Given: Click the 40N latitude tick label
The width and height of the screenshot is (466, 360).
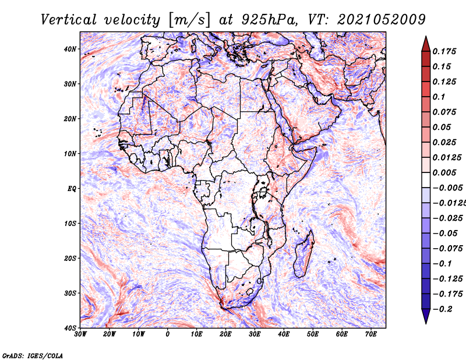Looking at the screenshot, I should [70, 49].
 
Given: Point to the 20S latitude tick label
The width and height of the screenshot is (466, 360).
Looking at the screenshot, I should [70, 258].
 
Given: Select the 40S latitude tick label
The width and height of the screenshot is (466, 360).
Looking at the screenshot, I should [70, 328].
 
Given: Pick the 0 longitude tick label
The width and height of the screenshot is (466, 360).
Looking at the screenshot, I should [168, 334].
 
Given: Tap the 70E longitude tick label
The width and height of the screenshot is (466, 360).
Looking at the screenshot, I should [370, 334].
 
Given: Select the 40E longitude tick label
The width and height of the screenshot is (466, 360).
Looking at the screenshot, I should [284, 334].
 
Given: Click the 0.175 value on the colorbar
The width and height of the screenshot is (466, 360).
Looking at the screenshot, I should [444, 51].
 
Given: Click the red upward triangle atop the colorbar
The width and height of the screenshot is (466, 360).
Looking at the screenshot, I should [426, 42].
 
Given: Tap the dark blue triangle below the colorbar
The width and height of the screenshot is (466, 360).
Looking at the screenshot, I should [426, 317].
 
